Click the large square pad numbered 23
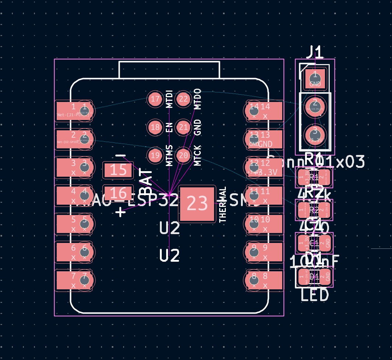click(x=197, y=204)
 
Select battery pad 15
click(x=118, y=170)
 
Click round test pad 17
click(x=155, y=99)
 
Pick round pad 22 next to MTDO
click(x=183, y=99)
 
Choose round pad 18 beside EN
click(x=155, y=127)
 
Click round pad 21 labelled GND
click(x=183, y=127)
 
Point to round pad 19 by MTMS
click(x=155, y=155)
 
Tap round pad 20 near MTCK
click(x=183, y=155)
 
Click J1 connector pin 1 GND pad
click(x=315, y=78)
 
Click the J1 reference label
click(x=315, y=52)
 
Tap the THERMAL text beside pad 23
click(x=223, y=204)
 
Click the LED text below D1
click(x=315, y=295)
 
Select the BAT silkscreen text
click(x=147, y=182)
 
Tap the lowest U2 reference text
click(x=169, y=255)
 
